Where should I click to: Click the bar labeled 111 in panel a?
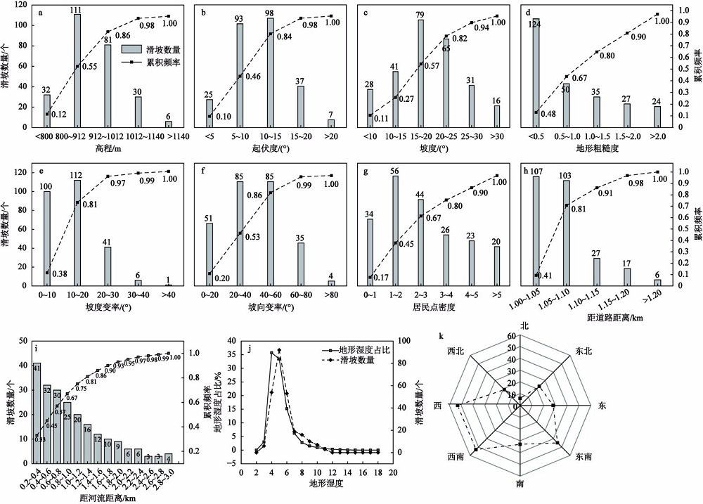[77, 71]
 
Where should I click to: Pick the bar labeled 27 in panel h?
[597, 271]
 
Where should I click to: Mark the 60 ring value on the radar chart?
[513, 337]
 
